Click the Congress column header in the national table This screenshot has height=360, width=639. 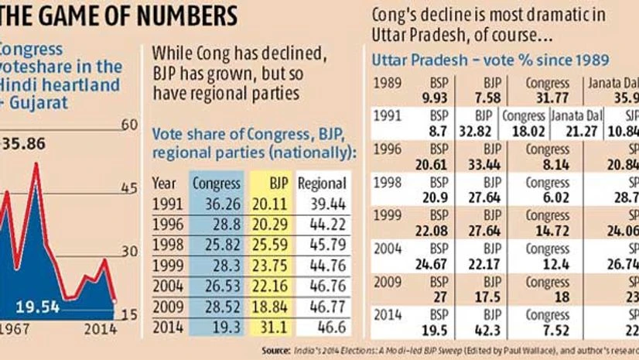pos(211,183)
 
